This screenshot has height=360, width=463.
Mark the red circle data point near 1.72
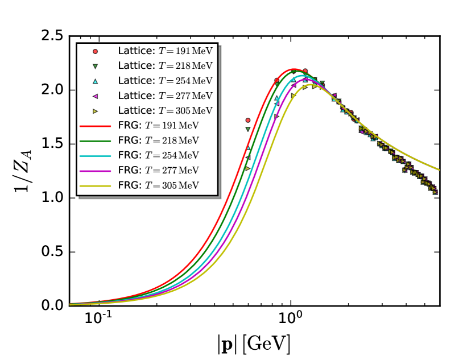(247, 120)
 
